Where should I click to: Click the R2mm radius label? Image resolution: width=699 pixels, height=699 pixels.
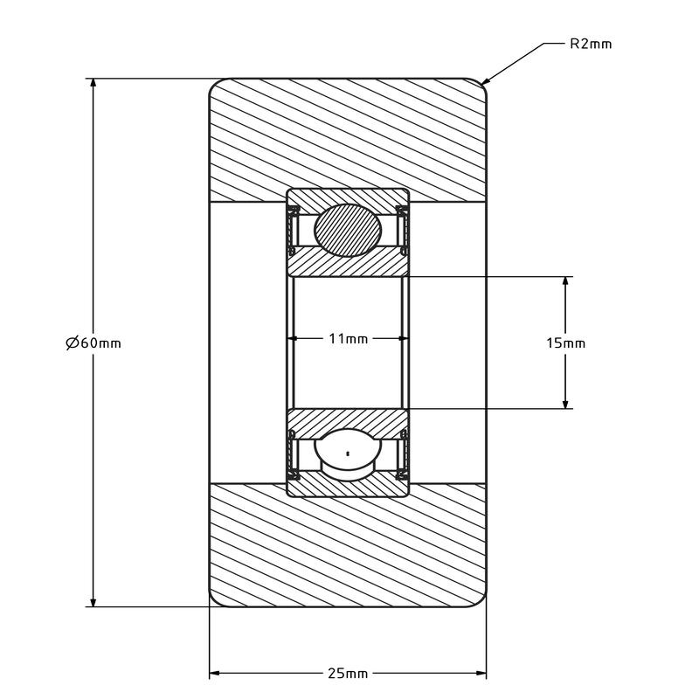(591, 45)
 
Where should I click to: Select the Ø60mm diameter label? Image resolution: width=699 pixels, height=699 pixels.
(93, 343)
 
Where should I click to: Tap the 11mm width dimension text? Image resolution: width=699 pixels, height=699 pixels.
(348, 339)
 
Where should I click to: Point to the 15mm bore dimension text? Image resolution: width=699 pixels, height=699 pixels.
(565, 343)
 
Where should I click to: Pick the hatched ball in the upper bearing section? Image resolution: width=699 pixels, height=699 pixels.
(348, 230)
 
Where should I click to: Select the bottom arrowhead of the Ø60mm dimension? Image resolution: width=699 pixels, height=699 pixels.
(93, 601)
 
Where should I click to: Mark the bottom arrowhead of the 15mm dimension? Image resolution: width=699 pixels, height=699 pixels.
(565, 403)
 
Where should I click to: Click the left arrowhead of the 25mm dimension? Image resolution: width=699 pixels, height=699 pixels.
(215, 673)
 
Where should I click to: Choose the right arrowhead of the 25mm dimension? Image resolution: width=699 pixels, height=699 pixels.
(481, 673)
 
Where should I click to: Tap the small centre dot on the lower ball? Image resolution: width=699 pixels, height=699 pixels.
(348, 453)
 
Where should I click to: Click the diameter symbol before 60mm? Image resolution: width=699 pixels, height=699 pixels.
(73, 343)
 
